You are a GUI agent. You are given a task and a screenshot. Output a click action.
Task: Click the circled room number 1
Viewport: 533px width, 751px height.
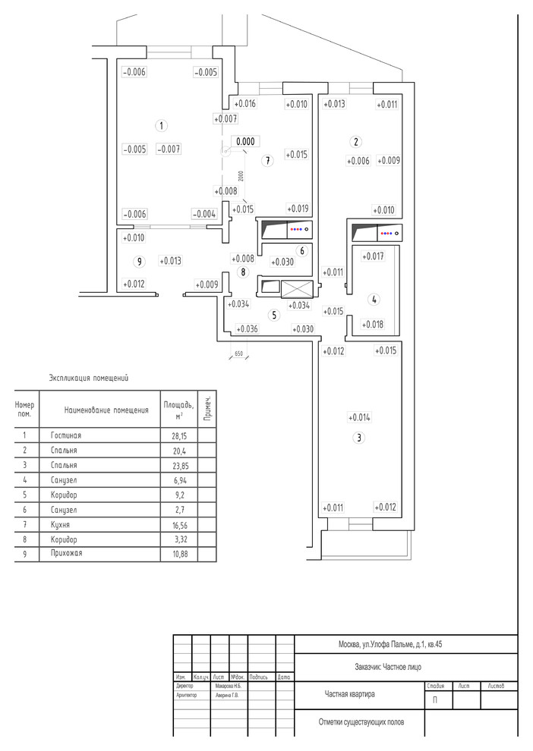click(159, 124)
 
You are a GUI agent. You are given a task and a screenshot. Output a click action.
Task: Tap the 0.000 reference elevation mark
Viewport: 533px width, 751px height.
click(245, 141)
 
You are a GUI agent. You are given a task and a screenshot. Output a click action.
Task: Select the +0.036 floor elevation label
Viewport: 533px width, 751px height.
click(248, 329)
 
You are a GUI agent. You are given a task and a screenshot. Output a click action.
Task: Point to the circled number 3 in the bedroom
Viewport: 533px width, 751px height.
click(359, 438)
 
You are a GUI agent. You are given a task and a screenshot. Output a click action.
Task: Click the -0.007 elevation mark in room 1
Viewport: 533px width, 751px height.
click(169, 149)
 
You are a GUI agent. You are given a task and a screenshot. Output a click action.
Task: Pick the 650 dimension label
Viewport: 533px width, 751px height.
click(238, 354)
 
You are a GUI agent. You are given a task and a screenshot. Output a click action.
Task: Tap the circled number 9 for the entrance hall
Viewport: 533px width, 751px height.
click(137, 262)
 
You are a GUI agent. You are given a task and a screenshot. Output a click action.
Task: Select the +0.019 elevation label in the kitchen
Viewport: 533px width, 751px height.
click(298, 209)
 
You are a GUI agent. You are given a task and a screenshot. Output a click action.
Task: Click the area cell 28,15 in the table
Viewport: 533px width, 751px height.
click(172, 435)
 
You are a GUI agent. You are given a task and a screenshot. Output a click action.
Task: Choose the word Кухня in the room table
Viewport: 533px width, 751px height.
click(61, 524)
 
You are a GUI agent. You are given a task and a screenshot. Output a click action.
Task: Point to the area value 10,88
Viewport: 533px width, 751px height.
click(173, 554)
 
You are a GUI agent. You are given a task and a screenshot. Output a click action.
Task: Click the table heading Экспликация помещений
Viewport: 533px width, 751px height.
click(89, 377)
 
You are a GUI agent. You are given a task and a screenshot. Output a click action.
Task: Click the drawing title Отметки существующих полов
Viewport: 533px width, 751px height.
click(361, 722)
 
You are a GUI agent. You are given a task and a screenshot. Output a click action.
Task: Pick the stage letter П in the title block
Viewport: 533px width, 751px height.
click(435, 699)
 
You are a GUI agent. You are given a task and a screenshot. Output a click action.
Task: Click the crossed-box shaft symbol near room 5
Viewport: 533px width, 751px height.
click(297, 289)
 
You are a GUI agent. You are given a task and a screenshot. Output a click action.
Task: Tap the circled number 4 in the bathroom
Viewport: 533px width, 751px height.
click(374, 300)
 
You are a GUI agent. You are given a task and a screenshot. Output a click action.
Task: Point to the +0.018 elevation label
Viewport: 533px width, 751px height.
click(374, 325)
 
